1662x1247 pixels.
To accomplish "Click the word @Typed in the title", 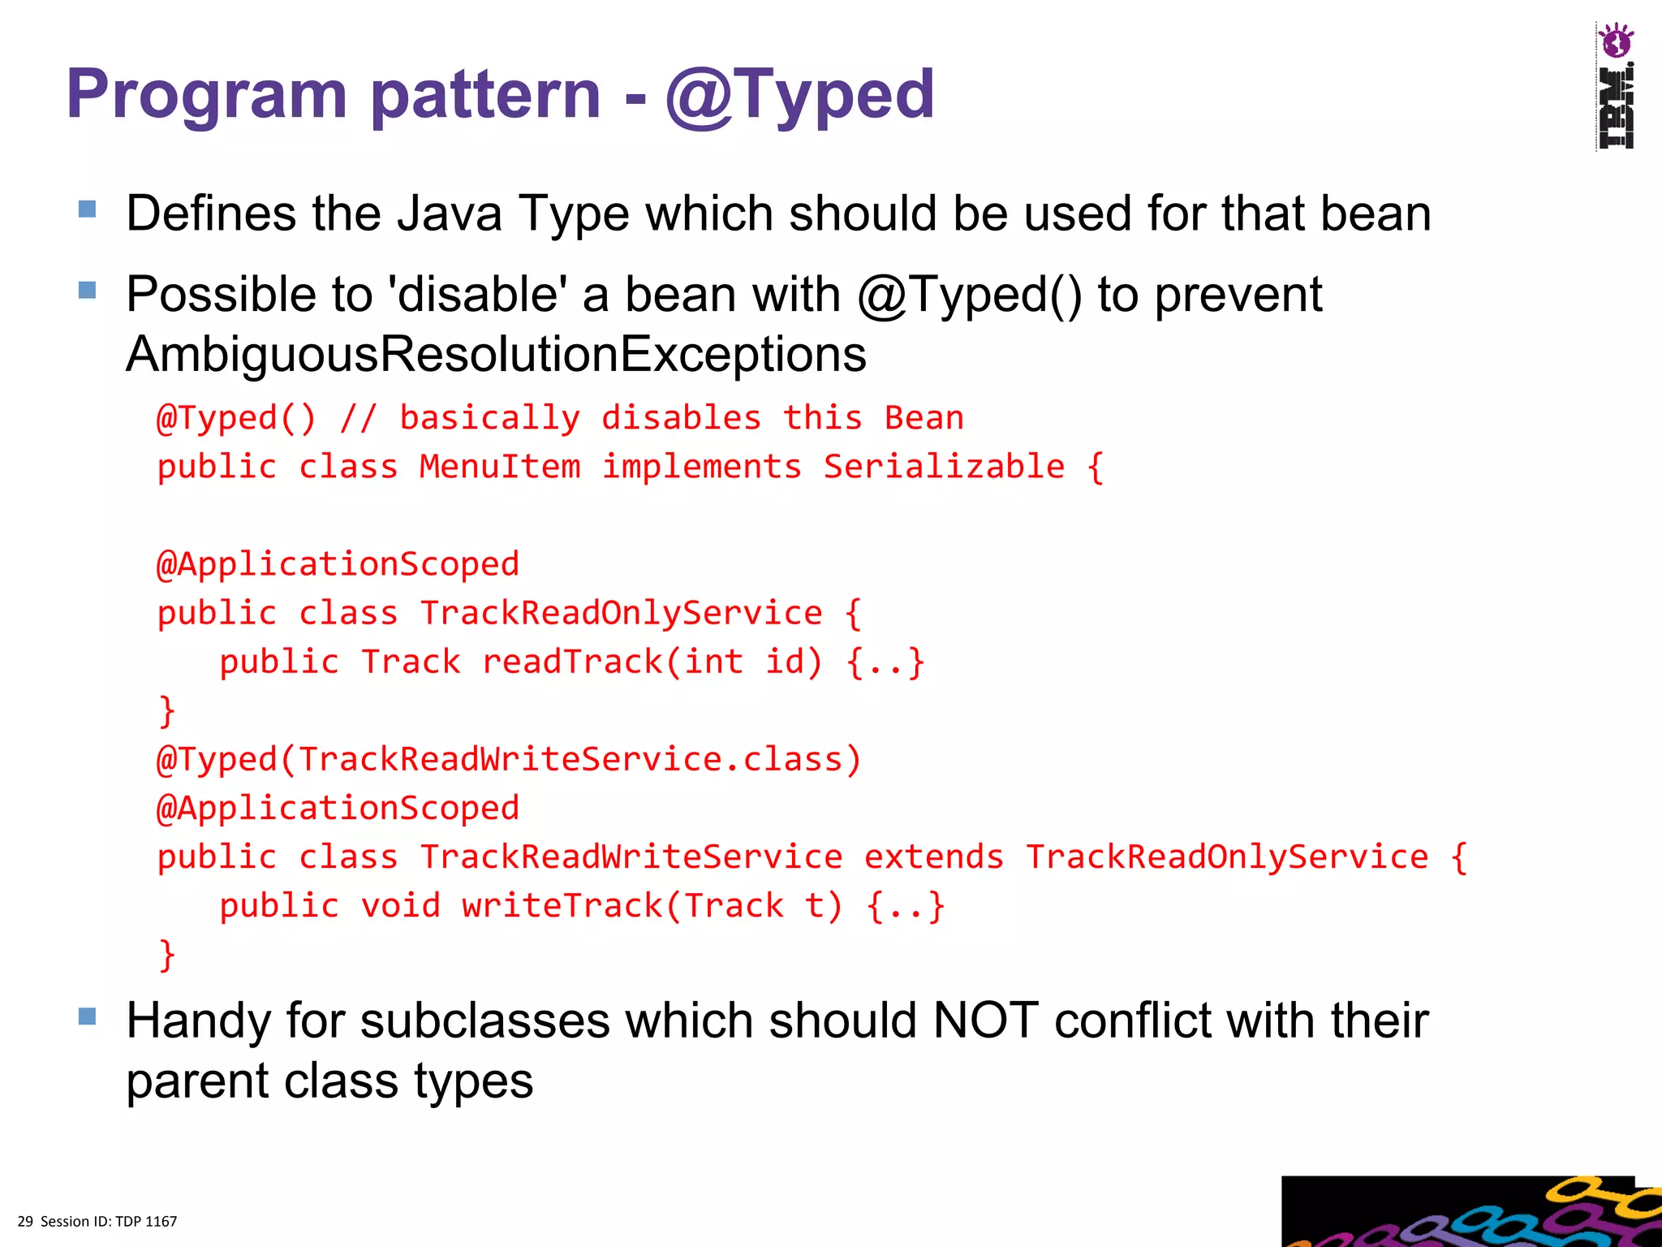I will (x=799, y=95).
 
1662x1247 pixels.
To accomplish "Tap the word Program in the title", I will (x=206, y=95).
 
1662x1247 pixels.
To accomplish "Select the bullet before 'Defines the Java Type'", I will (x=88, y=209).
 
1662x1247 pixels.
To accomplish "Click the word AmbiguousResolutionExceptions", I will (x=496, y=355).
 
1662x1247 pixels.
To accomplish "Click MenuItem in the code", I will (x=500, y=467).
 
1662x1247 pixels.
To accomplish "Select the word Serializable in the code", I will (x=944, y=467).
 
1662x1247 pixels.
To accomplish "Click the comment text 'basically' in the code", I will (x=489, y=418).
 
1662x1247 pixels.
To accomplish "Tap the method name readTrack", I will (x=573, y=662).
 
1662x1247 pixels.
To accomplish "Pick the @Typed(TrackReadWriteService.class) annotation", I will (x=509, y=760).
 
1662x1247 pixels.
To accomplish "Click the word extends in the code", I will (x=933, y=857).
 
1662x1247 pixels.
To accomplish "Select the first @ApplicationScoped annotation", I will (x=338, y=564).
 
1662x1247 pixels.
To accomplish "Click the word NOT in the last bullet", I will (x=985, y=1020).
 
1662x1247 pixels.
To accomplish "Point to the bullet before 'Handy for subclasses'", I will (x=88, y=1016).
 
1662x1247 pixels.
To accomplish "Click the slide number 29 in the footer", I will (x=25, y=1222).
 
